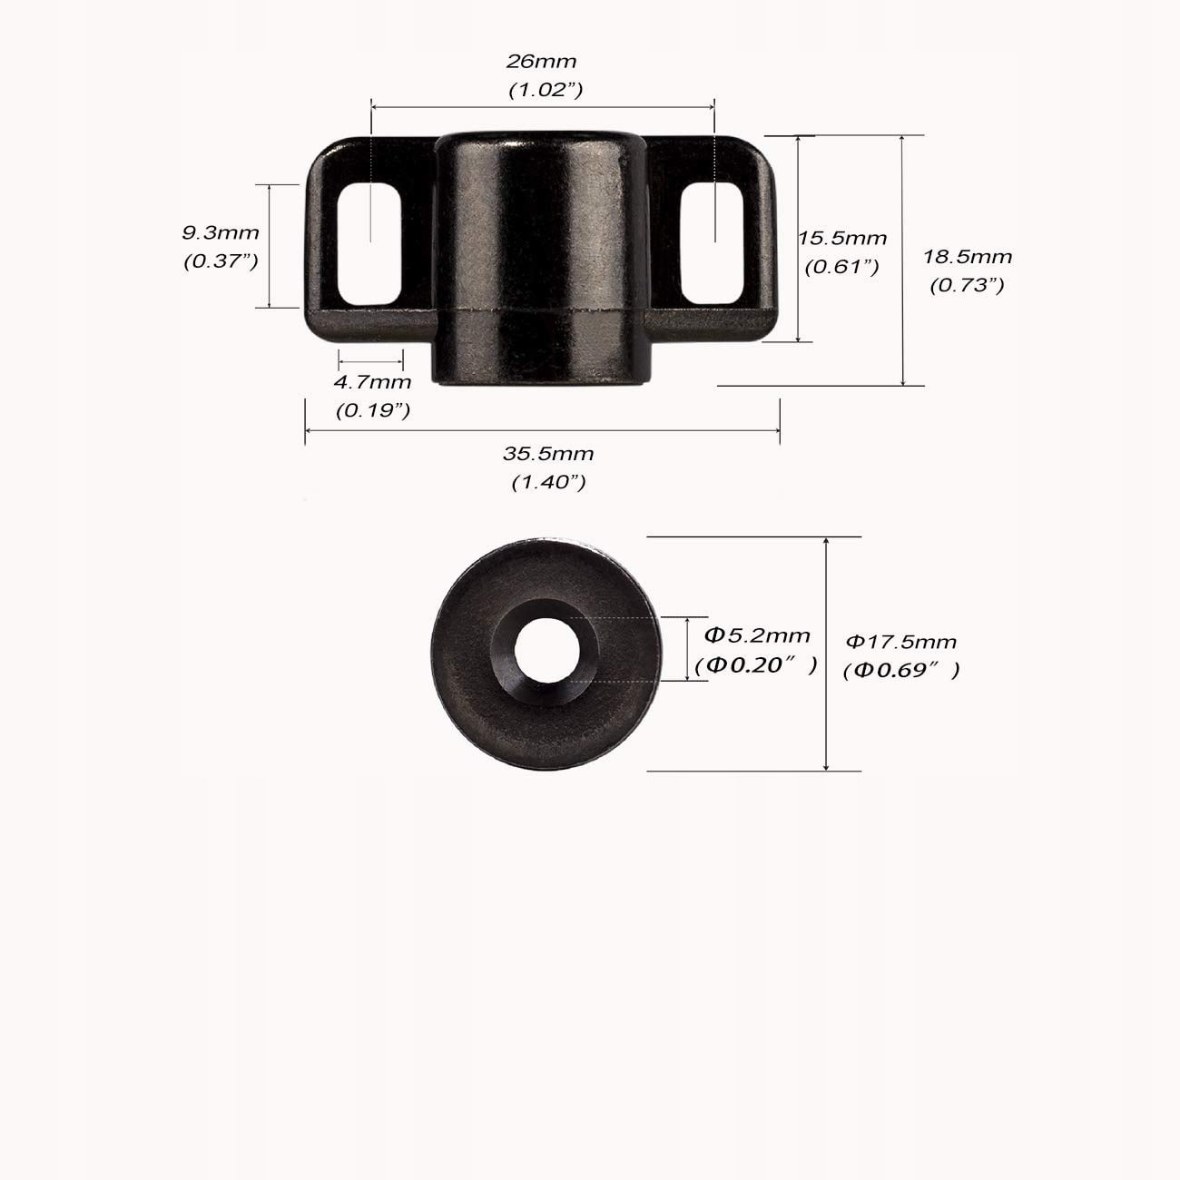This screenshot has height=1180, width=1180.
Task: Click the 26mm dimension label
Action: tap(541, 61)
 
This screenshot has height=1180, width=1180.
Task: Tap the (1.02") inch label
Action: tap(546, 90)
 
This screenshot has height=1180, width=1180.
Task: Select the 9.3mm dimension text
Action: tap(221, 232)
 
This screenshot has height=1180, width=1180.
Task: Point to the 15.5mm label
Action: tap(842, 238)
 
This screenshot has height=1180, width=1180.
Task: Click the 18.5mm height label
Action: tap(968, 257)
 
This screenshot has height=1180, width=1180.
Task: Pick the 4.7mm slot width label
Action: tap(372, 383)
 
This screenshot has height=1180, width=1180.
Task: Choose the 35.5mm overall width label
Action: tap(548, 454)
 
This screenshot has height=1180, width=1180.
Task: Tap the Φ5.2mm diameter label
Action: tap(757, 635)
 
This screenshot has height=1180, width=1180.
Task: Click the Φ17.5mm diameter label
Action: tap(900, 642)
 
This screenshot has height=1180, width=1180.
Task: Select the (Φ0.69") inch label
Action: tap(901, 671)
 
